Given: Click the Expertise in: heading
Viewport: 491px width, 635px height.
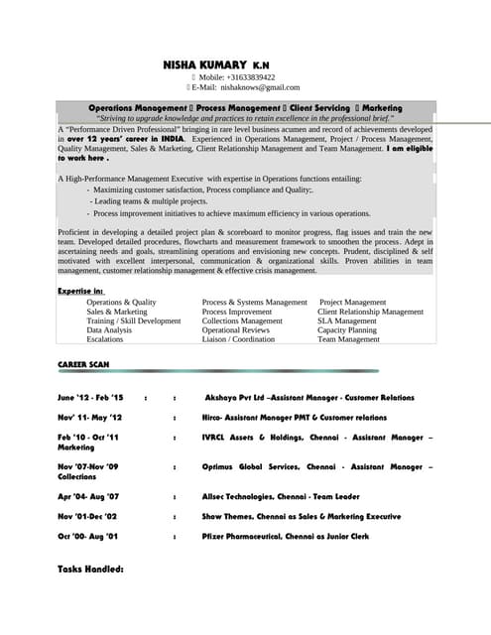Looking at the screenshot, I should click(x=80, y=290).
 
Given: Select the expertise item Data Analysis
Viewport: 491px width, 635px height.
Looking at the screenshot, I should click(x=108, y=329).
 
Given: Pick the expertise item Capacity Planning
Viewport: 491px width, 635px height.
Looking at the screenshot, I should click(x=347, y=329).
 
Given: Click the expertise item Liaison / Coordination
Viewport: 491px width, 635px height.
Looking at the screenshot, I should click(x=238, y=339).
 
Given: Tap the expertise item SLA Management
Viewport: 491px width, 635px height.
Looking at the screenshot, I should click(x=347, y=320).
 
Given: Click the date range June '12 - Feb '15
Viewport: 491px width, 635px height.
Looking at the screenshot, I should click(x=90, y=397).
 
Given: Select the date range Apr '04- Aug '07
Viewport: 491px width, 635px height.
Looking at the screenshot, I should click(x=88, y=496).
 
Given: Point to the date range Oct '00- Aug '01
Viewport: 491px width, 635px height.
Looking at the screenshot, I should click(x=88, y=536).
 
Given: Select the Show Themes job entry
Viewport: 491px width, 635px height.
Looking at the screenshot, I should click(x=302, y=516).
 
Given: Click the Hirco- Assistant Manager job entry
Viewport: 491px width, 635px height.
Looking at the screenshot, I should click(x=294, y=418).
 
